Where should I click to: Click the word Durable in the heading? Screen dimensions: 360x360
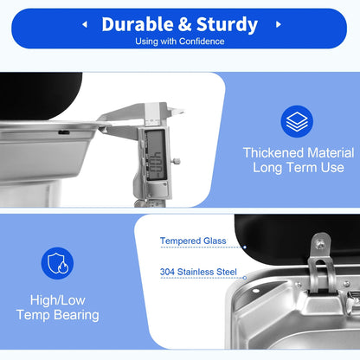138,24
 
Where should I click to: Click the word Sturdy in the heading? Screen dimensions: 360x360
227,25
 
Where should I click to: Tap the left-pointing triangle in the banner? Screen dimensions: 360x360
85,24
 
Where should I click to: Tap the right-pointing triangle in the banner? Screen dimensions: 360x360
279,24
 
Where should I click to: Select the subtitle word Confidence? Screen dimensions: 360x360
202,42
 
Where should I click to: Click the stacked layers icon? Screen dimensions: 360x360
297,121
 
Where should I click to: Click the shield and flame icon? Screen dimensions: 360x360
57,263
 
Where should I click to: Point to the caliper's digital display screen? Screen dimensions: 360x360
156,156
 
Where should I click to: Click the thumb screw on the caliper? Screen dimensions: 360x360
176,161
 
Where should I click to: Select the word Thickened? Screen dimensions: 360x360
273,152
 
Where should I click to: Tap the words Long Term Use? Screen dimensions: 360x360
299,168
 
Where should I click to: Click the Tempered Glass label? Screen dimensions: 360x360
193,241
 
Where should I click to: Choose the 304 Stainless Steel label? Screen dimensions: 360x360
198,272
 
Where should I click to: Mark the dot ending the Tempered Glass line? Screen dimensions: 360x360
245,247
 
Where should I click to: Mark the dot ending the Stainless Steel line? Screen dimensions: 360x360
245,278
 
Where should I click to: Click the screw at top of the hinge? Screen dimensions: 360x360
319,245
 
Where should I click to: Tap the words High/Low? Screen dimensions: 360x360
58,300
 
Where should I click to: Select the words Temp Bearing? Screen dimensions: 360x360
58,315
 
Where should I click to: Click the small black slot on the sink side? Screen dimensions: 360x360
64,132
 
